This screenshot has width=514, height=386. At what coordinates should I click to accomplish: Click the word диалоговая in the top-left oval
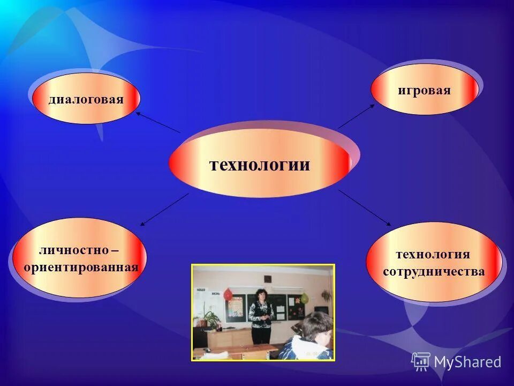click(x=86, y=99)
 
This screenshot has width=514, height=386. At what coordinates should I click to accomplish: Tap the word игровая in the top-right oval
click(x=424, y=90)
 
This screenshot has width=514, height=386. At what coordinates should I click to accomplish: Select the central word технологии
click(x=259, y=164)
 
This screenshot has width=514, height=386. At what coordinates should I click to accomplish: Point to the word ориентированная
click(x=81, y=267)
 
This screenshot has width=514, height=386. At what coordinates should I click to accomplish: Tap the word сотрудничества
click(x=434, y=271)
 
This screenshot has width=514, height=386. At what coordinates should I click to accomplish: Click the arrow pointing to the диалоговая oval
click(x=158, y=122)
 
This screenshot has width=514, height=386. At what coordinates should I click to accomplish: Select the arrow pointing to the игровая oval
click(x=356, y=116)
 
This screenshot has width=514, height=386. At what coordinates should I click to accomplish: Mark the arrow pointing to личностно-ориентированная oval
click(x=164, y=209)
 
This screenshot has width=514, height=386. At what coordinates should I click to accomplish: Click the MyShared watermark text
click(x=467, y=362)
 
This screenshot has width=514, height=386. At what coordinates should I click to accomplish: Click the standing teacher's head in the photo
click(x=261, y=294)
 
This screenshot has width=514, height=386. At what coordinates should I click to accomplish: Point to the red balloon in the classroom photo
click(x=228, y=294)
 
